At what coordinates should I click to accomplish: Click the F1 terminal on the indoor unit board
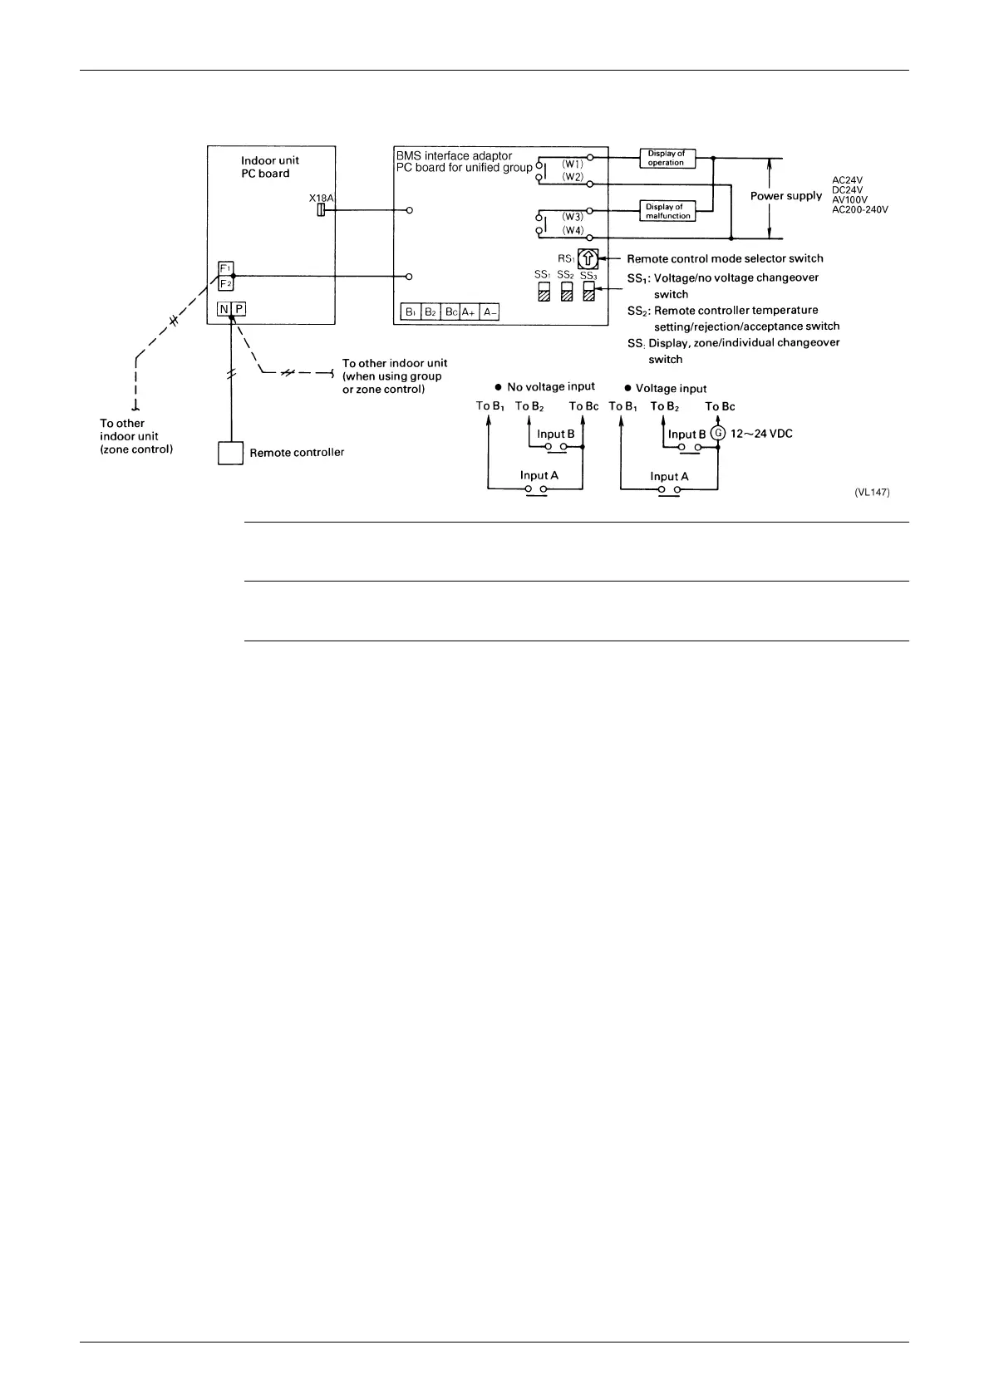click(225, 268)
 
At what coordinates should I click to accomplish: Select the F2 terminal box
click(225, 283)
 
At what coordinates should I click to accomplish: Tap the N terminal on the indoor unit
click(224, 309)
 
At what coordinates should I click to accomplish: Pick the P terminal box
click(239, 309)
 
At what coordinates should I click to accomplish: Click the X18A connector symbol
click(321, 211)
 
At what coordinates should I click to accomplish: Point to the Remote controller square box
click(230, 453)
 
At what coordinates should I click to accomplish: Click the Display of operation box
click(667, 158)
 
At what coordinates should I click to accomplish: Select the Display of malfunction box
click(668, 211)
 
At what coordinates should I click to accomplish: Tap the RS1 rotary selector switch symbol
click(588, 259)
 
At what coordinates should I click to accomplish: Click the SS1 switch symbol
click(544, 292)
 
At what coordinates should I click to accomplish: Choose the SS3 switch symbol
click(589, 292)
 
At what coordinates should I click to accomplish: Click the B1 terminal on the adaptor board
click(411, 312)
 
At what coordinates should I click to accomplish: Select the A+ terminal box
click(469, 312)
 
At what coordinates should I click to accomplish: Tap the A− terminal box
click(490, 312)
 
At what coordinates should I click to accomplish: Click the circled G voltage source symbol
click(718, 433)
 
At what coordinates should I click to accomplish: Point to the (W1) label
click(573, 164)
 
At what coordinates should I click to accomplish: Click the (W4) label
click(573, 230)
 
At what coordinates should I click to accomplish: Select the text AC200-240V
click(860, 210)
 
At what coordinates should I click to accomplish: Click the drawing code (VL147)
click(872, 492)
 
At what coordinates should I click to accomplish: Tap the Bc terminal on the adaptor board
click(450, 312)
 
